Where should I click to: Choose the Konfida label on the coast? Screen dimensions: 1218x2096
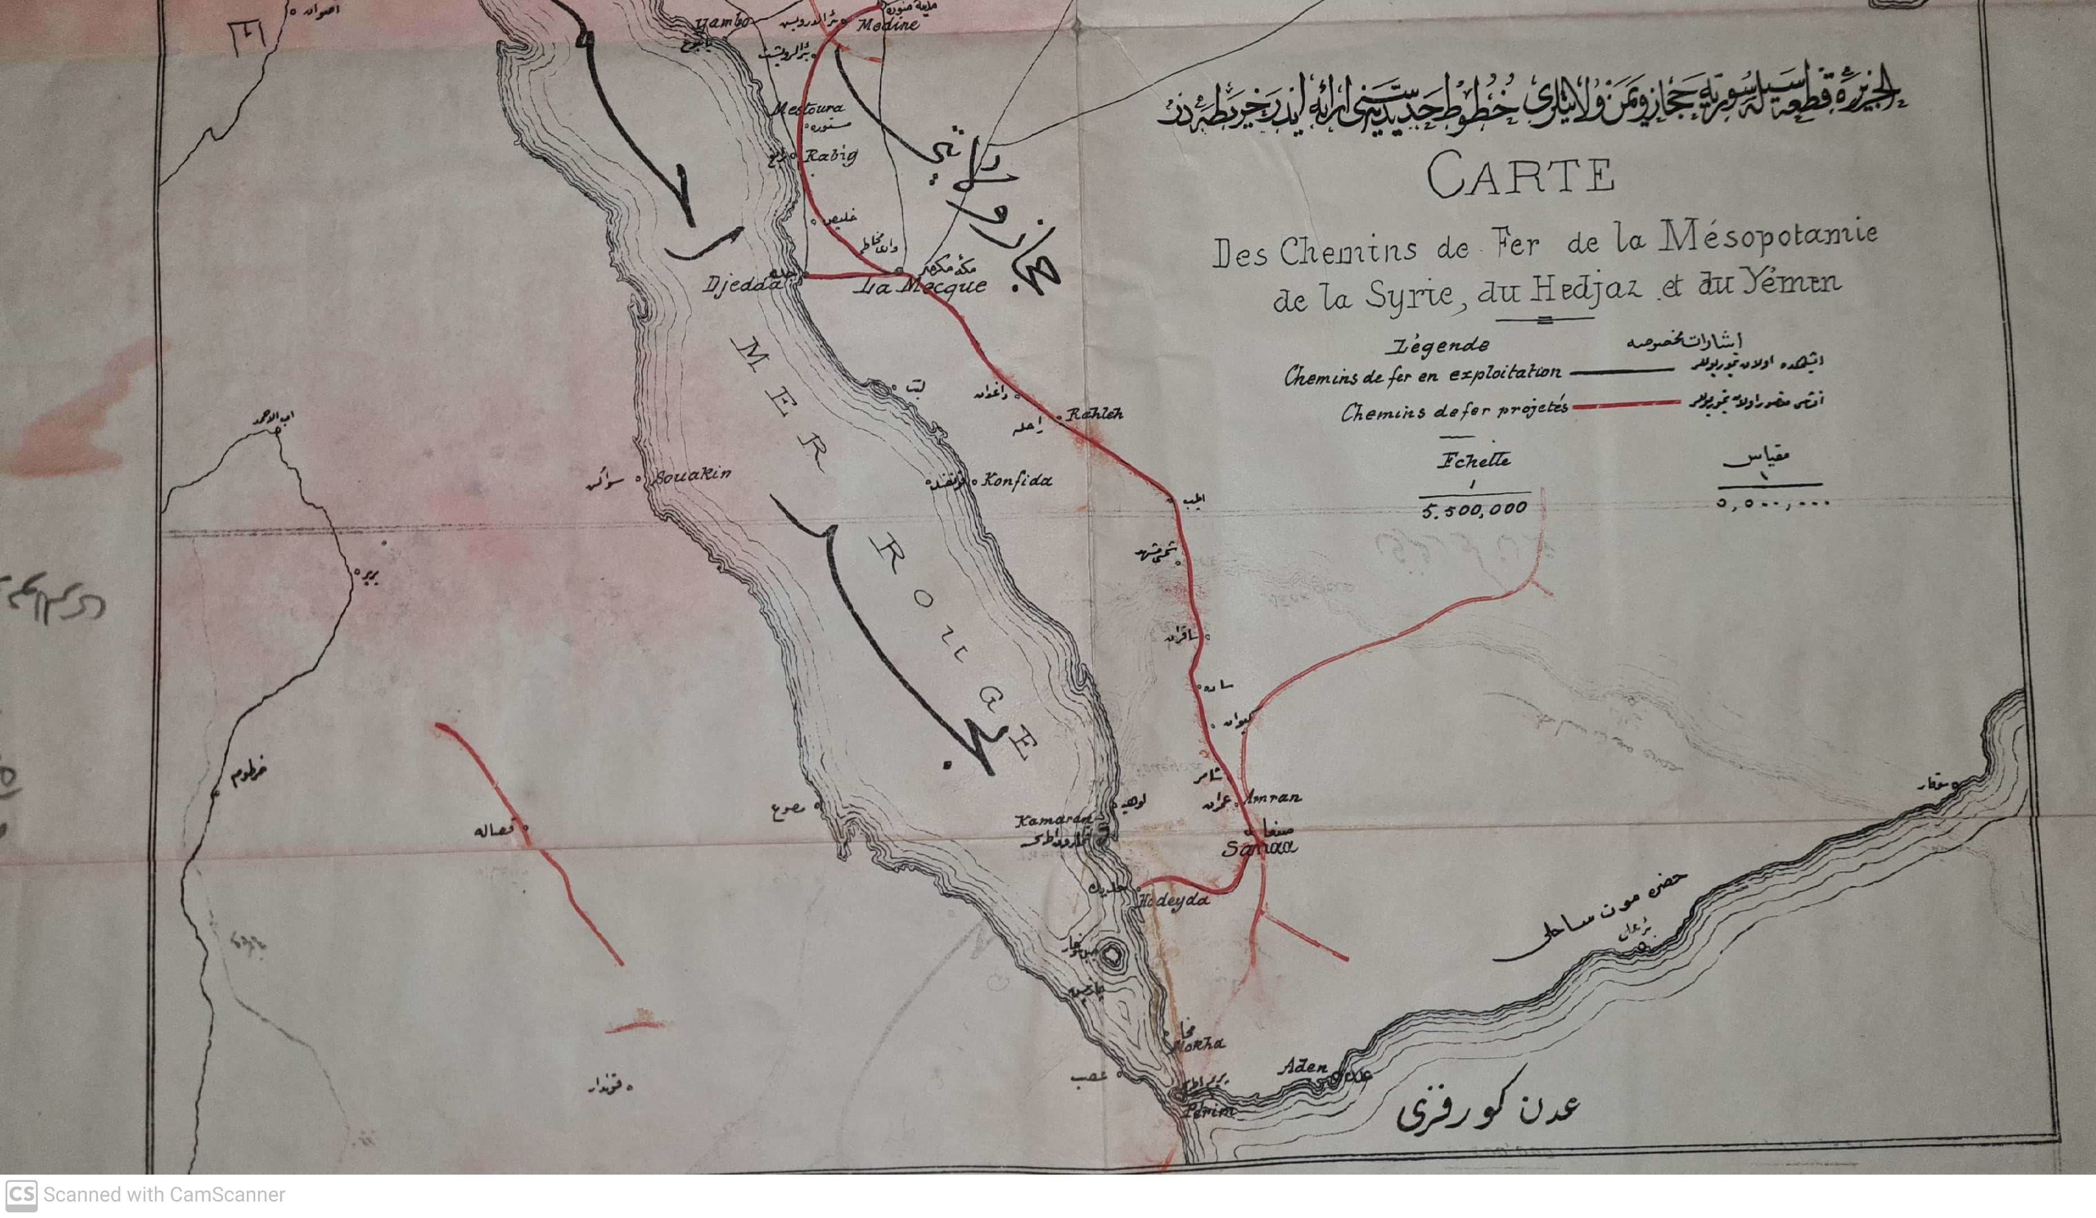tap(1016, 480)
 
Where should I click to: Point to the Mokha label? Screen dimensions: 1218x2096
tap(1198, 1044)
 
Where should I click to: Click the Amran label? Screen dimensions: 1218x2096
tap(1273, 797)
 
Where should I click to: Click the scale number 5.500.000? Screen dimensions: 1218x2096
tap(1474, 509)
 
